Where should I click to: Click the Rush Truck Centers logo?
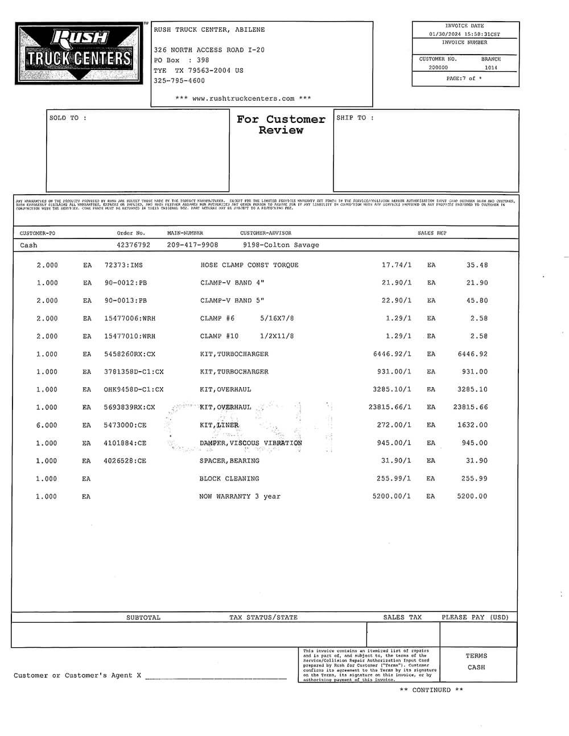79,54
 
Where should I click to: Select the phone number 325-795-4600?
179,81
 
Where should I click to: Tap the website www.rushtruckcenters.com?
244,98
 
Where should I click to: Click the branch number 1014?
490,68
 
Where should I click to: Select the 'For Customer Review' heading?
281,125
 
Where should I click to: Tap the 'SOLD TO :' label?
68,118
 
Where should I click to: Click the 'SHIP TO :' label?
355,118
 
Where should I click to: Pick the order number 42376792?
134,245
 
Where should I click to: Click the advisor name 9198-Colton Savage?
281,245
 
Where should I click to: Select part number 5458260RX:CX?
130,354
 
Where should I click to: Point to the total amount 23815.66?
471,408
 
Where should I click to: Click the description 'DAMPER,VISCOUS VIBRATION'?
250,443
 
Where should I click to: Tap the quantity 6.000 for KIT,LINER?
47,425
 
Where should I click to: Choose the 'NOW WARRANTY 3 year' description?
240,496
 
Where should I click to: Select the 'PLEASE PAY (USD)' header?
475,618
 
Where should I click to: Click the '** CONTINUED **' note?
431,690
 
